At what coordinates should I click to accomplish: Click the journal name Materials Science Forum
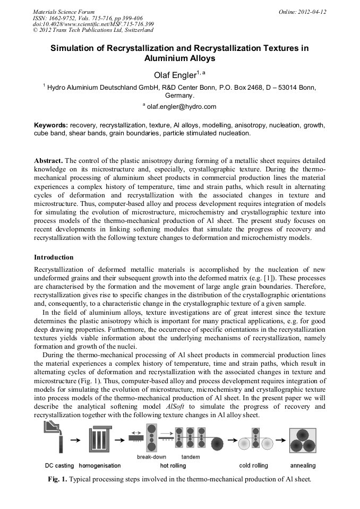pos(64,11)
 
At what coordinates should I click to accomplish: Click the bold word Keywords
pos(51,125)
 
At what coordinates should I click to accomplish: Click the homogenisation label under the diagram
pos(100,465)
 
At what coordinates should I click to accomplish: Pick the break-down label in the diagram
pos(151,456)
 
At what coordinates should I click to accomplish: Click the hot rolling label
pos(173,465)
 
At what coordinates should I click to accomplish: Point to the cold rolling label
pos(253,465)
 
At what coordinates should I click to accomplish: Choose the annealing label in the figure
pos(303,465)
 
